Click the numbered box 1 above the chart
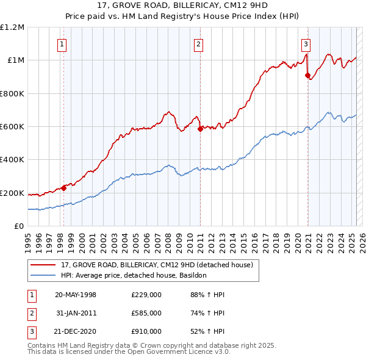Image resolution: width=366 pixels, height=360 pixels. coord(63,43)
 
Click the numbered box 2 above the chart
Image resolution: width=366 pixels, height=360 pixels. coord(199,43)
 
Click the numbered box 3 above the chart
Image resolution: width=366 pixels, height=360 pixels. coord(306,43)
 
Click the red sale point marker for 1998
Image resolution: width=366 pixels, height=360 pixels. coord(63,188)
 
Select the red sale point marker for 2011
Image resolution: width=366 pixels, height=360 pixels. coord(200,128)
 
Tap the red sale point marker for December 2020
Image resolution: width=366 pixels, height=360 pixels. coord(307,75)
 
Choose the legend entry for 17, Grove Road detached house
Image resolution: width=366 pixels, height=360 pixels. coord(160,265)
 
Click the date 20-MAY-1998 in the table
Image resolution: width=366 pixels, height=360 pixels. coord(76,295)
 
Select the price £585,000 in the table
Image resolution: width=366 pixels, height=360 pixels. coord(146,313)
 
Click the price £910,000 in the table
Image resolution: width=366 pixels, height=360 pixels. coord(146,331)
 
